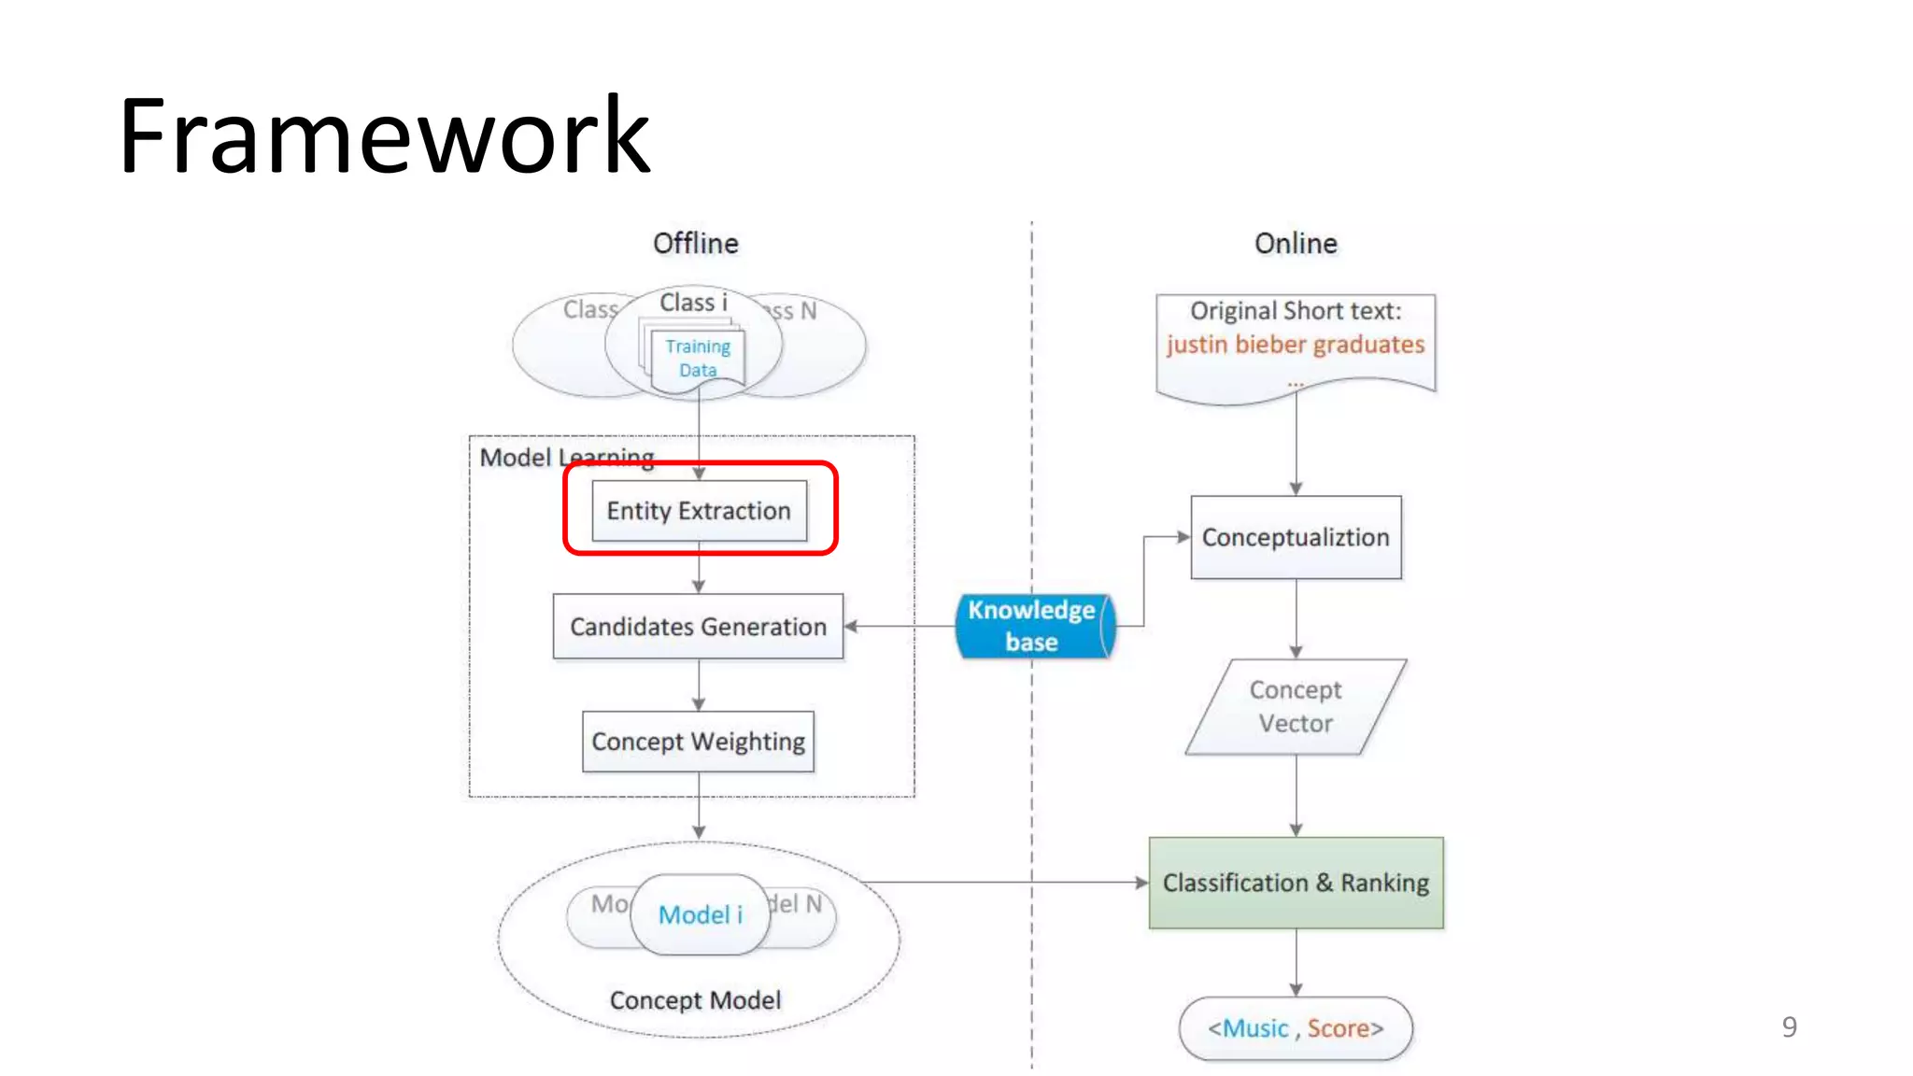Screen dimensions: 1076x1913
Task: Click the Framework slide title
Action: [x=383, y=136]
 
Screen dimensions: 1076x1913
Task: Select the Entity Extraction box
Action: [x=699, y=511]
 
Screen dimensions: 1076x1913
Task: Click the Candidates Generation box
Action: [x=698, y=627]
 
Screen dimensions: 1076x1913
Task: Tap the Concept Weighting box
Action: [x=698, y=742]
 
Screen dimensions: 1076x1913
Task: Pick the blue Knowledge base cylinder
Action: [x=1032, y=627]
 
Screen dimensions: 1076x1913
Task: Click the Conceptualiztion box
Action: [x=1296, y=538]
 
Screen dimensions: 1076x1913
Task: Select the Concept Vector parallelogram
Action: [x=1296, y=707]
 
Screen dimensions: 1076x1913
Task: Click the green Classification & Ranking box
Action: [x=1296, y=883]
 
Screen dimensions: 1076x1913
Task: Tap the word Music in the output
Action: [x=1255, y=1028]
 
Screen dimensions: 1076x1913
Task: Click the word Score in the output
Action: [x=1338, y=1028]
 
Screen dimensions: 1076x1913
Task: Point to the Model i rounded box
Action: [x=700, y=914]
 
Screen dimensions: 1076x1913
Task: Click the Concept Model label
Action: [x=695, y=1000]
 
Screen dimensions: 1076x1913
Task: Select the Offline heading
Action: [x=695, y=244]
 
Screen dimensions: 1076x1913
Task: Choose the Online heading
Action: [x=1296, y=244]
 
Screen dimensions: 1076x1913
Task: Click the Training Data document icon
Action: [x=697, y=359]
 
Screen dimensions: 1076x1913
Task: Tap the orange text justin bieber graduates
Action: [x=1296, y=345]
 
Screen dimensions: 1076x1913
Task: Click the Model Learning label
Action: [x=566, y=458]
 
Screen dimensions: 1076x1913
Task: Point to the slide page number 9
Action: [x=1789, y=1027]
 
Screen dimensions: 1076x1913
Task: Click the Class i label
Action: [x=693, y=303]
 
